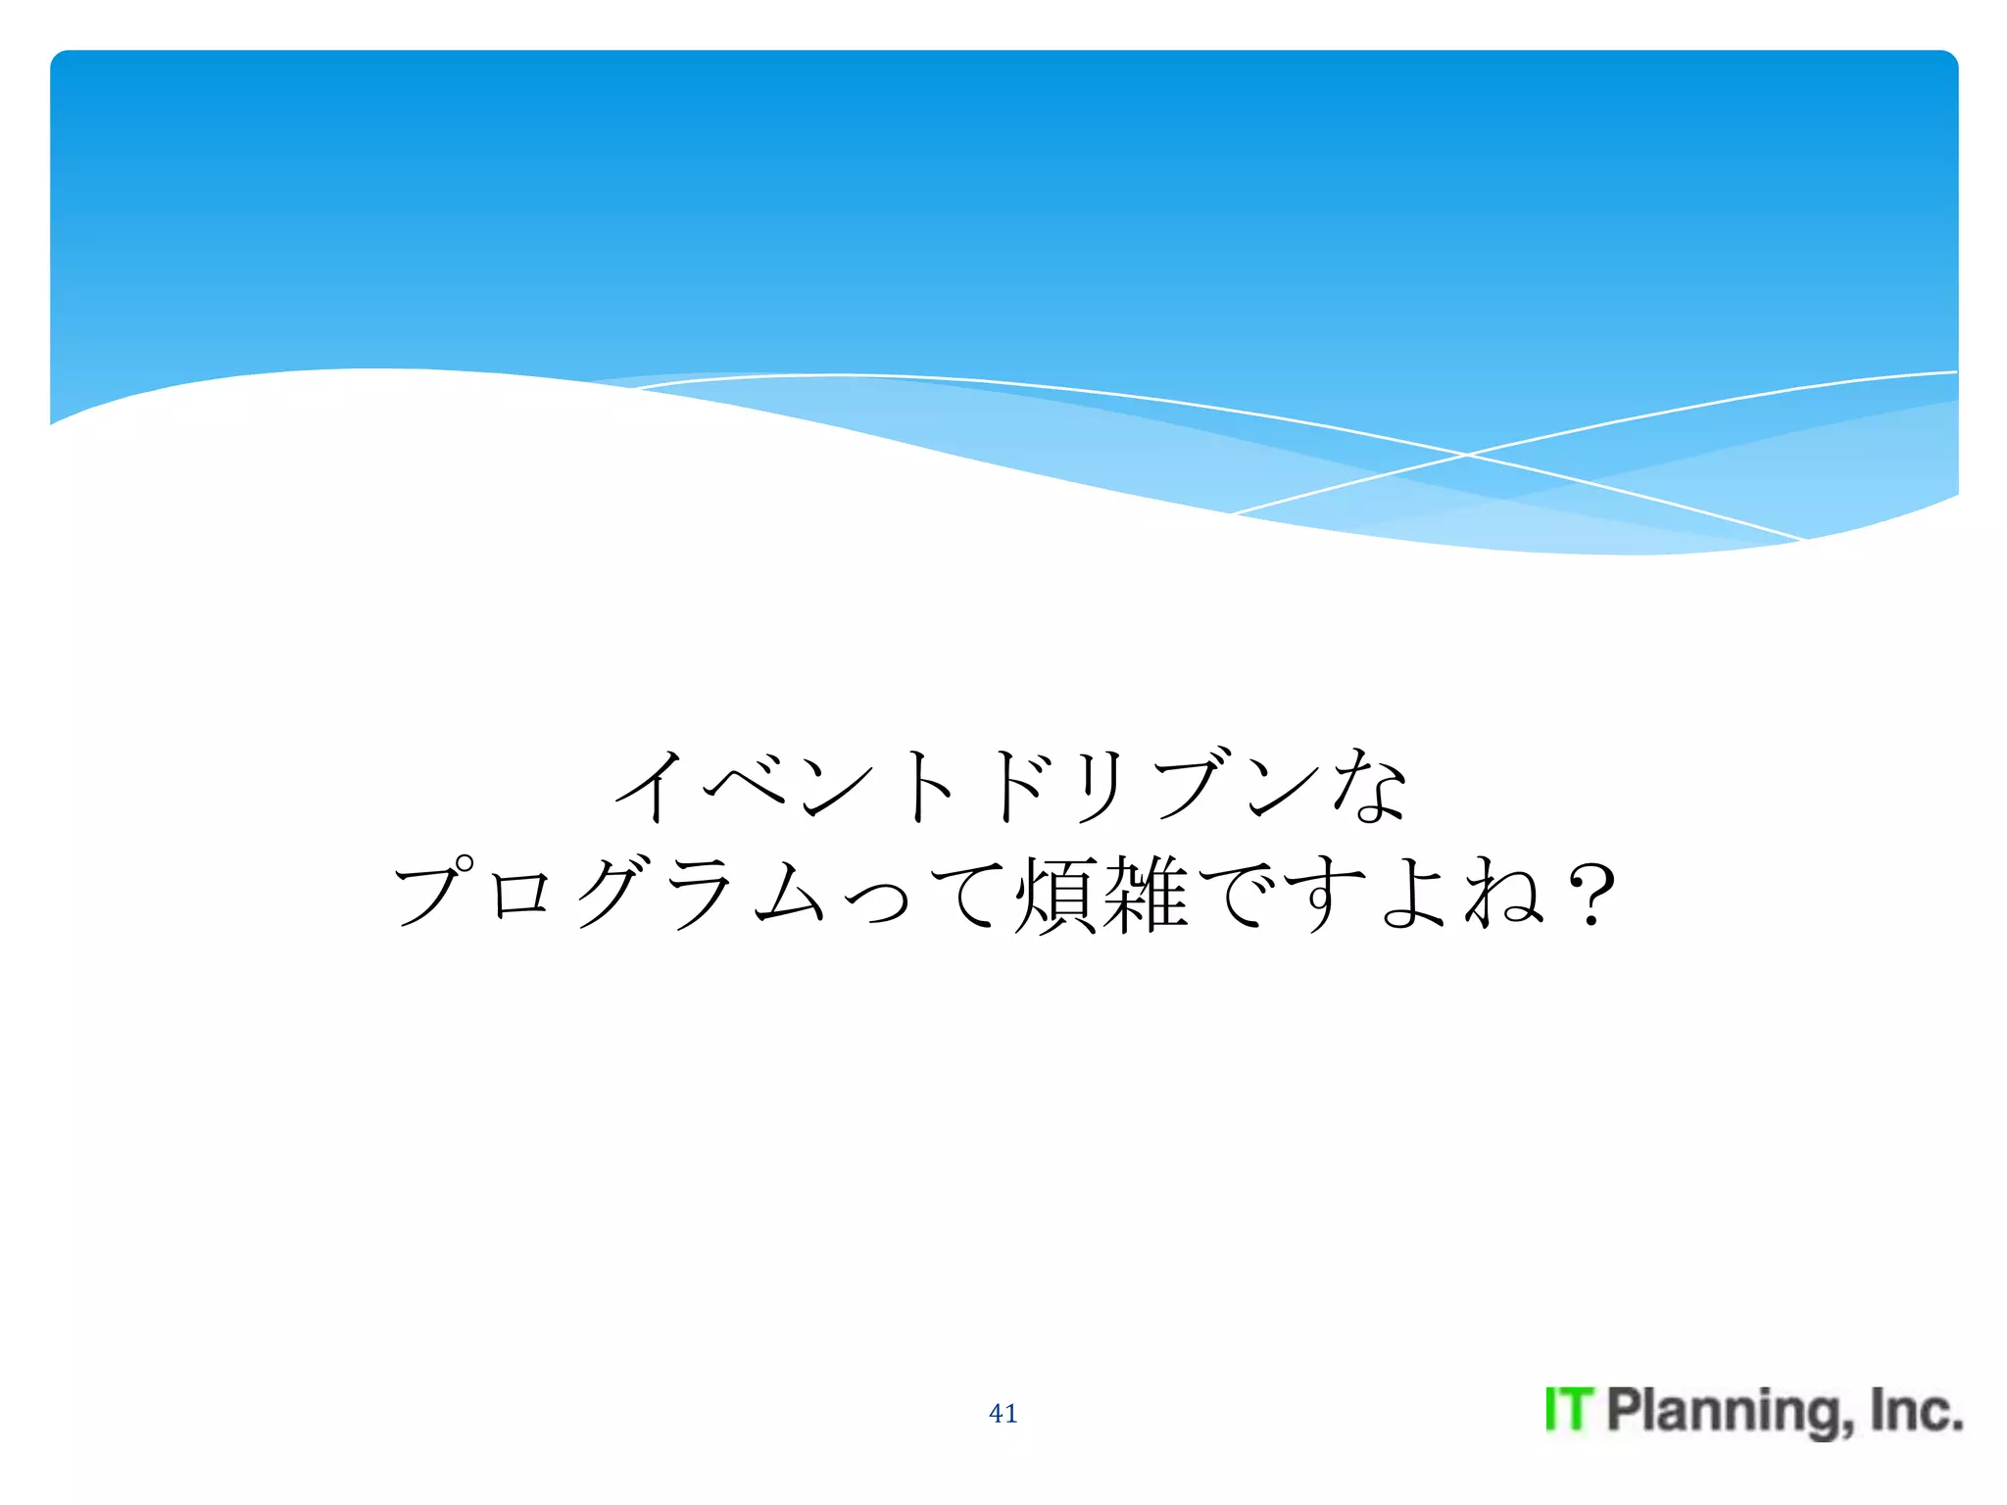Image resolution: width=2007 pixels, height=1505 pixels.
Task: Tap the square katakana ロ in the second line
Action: [520, 894]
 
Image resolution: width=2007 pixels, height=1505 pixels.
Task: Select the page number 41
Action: [1003, 1413]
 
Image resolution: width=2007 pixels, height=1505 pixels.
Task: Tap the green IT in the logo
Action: [1570, 1410]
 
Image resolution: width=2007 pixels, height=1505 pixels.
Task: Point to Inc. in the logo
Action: [1916, 1410]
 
